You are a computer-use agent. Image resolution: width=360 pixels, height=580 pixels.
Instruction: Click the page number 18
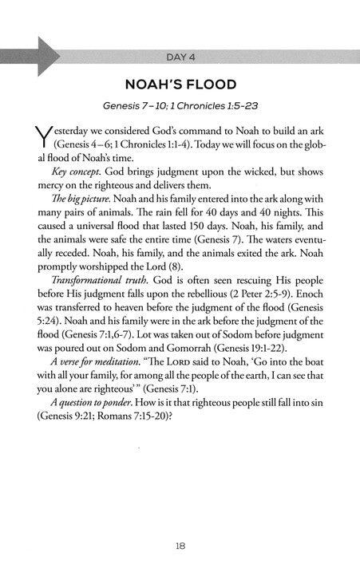pyautogui.click(x=180, y=546)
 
